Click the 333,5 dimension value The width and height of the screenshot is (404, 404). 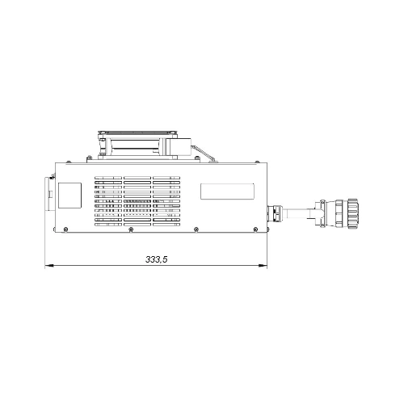coord(157,259)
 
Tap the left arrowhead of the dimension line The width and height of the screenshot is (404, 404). coord(48,266)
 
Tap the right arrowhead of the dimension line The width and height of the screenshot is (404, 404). coord(263,266)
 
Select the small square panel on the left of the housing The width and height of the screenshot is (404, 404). coord(70,196)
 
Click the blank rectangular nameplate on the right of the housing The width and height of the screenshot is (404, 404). coord(227,191)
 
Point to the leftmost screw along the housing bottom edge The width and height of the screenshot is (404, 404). coord(65,229)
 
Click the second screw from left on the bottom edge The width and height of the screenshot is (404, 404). coord(131,229)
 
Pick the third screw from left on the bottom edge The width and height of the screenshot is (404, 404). coord(196,229)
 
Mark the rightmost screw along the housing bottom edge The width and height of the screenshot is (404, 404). coord(255,229)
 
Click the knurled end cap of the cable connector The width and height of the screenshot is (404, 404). coord(353,214)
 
